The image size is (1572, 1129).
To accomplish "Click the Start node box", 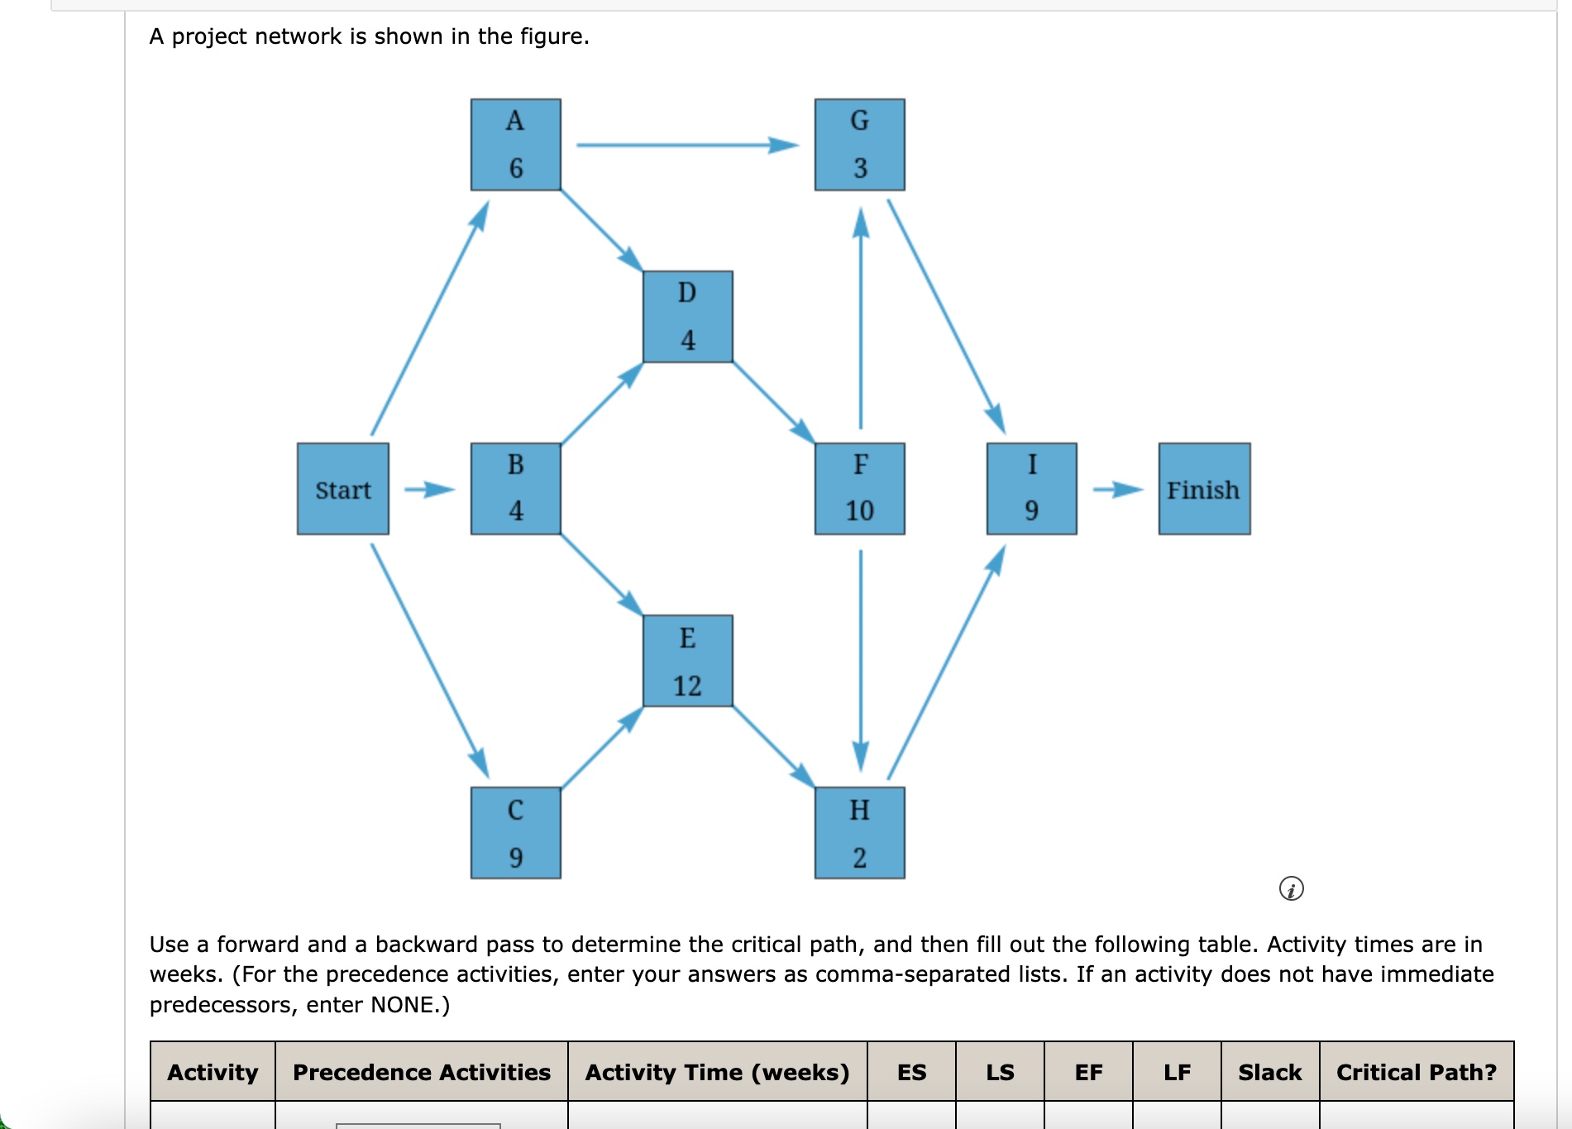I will click(343, 489).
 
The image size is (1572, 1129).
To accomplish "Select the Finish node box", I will click(1204, 489).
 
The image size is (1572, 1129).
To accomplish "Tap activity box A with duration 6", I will click(516, 145).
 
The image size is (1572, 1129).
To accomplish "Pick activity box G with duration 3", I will click(860, 145).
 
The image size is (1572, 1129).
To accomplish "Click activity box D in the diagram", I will click(688, 317).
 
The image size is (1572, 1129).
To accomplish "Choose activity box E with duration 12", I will click(688, 661).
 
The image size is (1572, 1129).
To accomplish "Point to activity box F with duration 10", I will click(860, 489).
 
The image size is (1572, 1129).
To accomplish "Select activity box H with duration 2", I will click(860, 833).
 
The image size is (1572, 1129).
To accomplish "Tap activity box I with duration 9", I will click(1032, 489).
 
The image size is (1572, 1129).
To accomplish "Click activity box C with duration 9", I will click(516, 833).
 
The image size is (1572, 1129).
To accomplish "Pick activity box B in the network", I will click(516, 489).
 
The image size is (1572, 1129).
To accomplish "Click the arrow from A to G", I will click(686, 146).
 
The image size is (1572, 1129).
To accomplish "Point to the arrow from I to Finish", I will click(1117, 490).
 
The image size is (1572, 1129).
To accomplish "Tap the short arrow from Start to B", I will click(429, 490).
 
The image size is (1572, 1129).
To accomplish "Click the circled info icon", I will click(1291, 889).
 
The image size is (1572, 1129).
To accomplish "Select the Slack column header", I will click(1269, 1072).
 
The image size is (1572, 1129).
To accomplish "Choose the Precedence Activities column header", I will click(422, 1072).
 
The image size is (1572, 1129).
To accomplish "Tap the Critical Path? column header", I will click(1417, 1072).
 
